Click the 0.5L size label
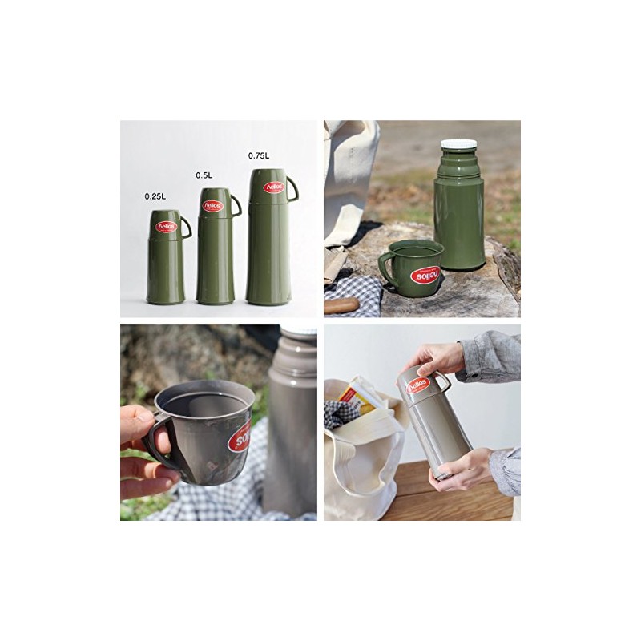coord(204,175)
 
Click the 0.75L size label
coord(259,155)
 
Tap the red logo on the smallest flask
coord(166,227)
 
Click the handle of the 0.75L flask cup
coord(292,189)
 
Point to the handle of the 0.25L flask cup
coord(187,228)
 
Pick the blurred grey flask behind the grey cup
coord(291,425)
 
